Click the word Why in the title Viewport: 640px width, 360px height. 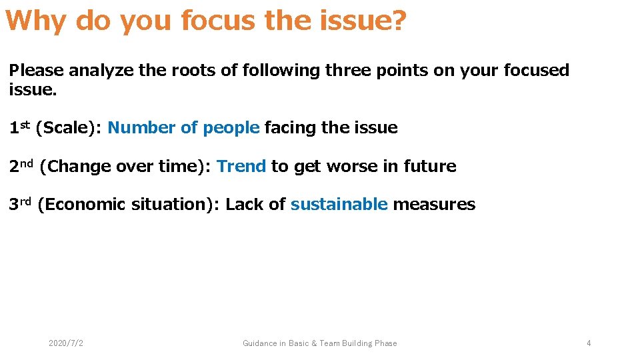pyautogui.click(x=36, y=21)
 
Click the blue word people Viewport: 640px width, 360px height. pyautogui.click(x=231, y=128)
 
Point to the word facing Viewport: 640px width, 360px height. pyautogui.click(x=290, y=128)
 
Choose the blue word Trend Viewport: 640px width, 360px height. pyautogui.click(x=241, y=166)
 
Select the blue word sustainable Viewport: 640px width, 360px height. pyautogui.click(x=339, y=204)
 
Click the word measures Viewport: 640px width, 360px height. pyautogui.click(x=434, y=204)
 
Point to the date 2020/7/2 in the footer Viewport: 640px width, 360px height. pyautogui.click(x=66, y=343)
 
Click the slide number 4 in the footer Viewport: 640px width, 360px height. pyautogui.click(x=589, y=343)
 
